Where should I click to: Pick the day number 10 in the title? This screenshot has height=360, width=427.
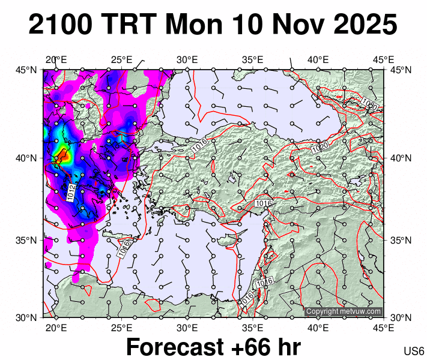tap(247, 26)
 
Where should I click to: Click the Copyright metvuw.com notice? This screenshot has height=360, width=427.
tap(344, 311)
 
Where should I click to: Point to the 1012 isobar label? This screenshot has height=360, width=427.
tap(72, 193)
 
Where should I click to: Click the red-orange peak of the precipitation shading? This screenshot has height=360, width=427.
tap(61, 157)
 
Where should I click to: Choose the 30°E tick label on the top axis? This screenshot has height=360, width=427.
tap(187, 60)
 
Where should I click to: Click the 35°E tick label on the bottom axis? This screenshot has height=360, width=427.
tap(253, 328)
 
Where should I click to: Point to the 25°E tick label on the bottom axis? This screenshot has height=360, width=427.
tap(121, 328)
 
